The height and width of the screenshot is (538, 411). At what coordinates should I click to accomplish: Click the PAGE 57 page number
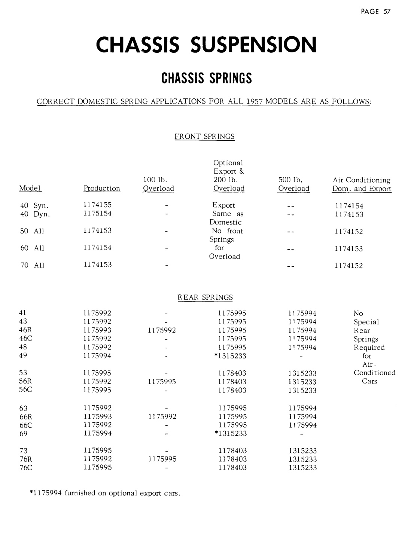tap(375, 11)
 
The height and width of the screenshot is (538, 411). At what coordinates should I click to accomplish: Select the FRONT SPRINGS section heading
tap(205, 137)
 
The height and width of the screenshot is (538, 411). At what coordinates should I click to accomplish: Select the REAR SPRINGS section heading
tap(205, 297)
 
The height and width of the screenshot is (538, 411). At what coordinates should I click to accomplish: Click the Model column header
tap(30, 188)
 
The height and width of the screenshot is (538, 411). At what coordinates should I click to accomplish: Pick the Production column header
tap(102, 189)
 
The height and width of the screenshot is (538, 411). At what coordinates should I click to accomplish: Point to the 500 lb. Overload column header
tap(294, 184)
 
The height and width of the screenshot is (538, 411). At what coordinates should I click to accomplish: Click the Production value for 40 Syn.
tap(97, 205)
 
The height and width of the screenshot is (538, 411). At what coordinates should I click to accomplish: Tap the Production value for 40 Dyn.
tap(97, 214)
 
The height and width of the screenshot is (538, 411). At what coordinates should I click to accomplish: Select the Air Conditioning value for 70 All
tap(349, 266)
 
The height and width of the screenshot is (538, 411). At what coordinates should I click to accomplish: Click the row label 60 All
tap(32, 248)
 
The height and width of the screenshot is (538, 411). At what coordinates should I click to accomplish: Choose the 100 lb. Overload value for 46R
tap(162, 330)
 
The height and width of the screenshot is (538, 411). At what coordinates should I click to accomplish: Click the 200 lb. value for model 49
tap(231, 356)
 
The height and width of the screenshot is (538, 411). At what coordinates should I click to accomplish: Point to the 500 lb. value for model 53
tap(302, 373)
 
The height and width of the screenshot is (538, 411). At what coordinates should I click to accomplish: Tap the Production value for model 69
tap(97, 433)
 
